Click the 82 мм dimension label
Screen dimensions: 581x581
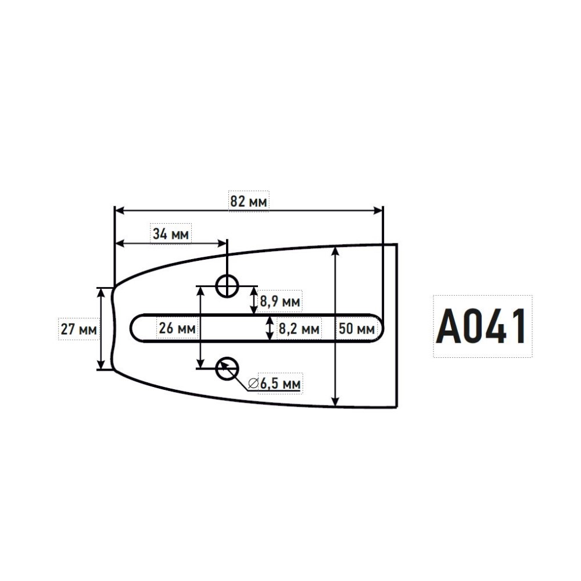click(x=249, y=202)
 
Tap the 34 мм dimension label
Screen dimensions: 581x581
click(x=171, y=234)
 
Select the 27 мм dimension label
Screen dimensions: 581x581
click(x=79, y=329)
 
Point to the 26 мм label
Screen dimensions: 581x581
click(x=177, y=328)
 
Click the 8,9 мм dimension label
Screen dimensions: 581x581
click(x=280, y=302)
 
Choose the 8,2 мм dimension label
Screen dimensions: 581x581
click(x=299, y=329)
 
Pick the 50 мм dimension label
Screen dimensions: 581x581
click(x=357, y=329)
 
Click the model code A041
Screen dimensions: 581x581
click(x=481, y=327)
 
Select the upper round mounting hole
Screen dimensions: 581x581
click(x=227, y=286)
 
